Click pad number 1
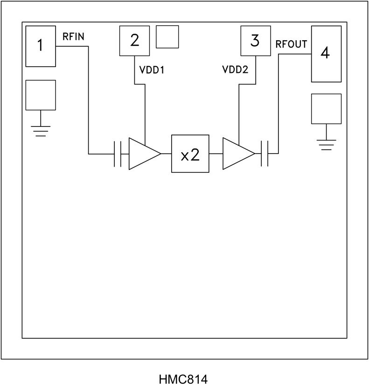click(x=40, y=46)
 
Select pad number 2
click(x=134, y=41)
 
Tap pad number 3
click(x=254, y=41)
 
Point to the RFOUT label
click(x=292, y=44)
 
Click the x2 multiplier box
click(x=190, y=154)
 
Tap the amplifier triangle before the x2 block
click(x=142, y=154)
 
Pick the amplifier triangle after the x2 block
click(x=237, y=154)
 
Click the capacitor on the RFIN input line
click(x=118, y=154)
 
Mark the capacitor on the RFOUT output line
click(x=265, y=154)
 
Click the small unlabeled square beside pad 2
click(x=167, y=36)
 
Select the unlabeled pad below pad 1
click(x=40, y=95)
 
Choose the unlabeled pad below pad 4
click(x=326, y=109)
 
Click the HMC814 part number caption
click(x=184, y=377)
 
